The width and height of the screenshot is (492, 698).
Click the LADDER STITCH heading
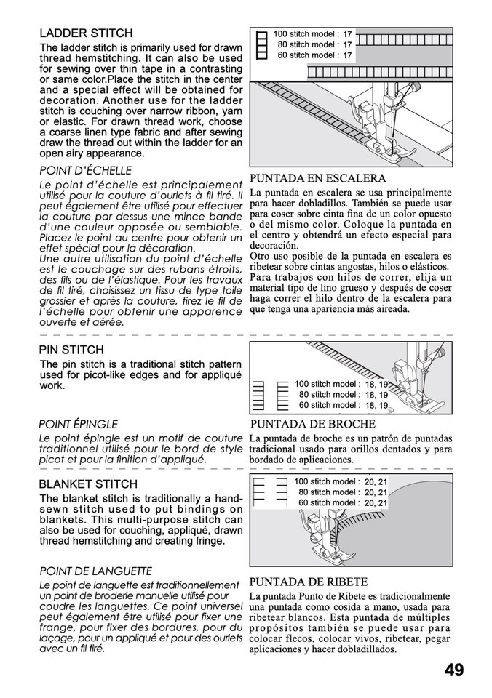[85, 33]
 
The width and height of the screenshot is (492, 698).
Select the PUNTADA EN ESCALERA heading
[317, 178]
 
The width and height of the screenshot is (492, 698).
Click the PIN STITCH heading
[71, 350]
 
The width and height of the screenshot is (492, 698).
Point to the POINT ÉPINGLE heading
[78, 424]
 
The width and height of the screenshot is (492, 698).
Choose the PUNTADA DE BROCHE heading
[312, 424]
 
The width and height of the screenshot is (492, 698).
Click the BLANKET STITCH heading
[88, 484]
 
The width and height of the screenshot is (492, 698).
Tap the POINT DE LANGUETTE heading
[95, 571]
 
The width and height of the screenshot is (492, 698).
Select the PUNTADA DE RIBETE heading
[309, 582]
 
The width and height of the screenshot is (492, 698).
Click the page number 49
[453, 670]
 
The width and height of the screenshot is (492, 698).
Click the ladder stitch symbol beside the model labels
[261, 44]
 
